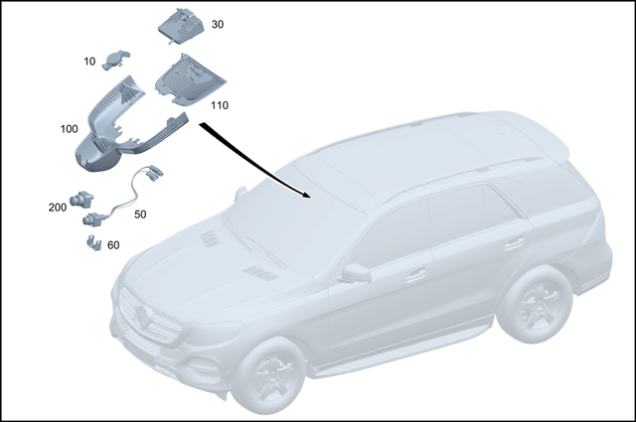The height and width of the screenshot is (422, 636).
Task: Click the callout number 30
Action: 217,24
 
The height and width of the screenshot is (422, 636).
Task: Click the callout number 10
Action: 89,62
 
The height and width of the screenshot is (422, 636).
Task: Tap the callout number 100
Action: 69,130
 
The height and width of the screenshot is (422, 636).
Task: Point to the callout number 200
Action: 57,208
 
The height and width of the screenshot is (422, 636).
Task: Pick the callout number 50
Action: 140,213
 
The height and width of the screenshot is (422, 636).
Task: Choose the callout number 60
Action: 112,244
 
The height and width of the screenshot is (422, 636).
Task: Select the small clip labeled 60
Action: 91,241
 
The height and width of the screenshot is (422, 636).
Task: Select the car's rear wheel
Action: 534,301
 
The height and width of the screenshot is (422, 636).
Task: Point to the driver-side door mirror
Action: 355,272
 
